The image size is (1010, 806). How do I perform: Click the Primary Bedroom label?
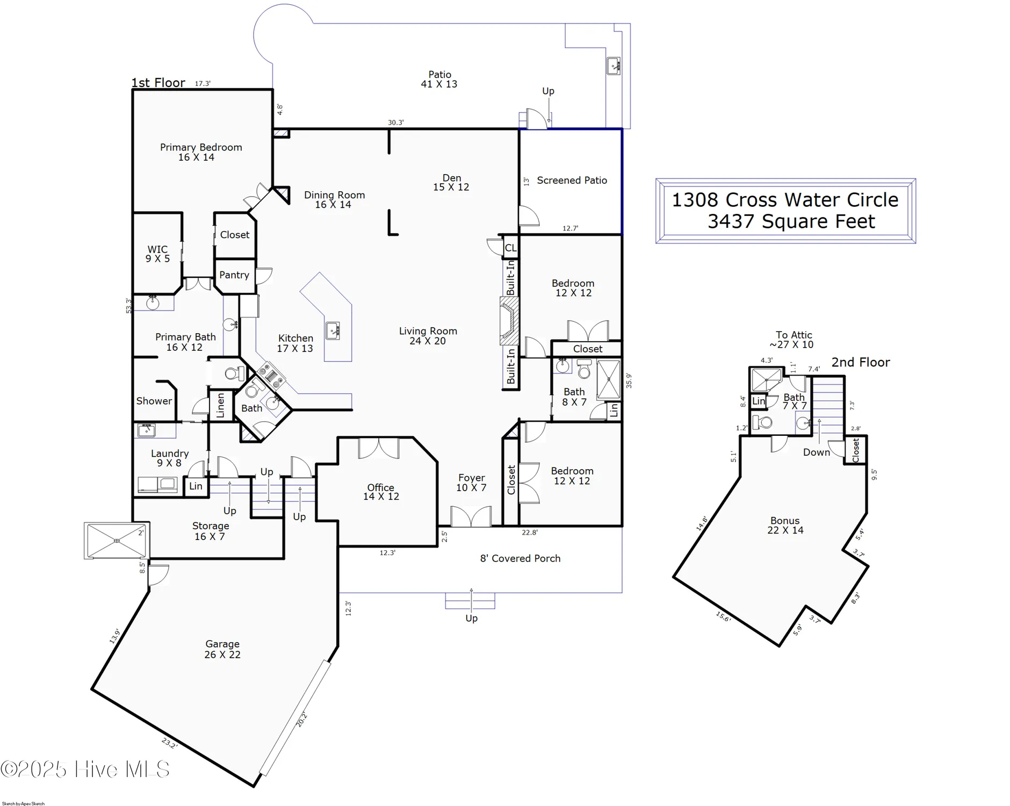(x=200, y=152)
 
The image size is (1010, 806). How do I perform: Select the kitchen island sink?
(x=333, y=330)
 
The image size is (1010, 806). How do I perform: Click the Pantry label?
(x=234, y=275)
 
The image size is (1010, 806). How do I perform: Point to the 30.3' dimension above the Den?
(x=395, y=123)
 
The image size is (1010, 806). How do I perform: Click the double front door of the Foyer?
(x=471, y=517)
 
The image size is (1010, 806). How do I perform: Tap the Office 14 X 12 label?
(x=381, y=492)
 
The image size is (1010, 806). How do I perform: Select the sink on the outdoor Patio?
(x=614, y=66)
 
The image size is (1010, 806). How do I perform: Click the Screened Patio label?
(x=572, y=181)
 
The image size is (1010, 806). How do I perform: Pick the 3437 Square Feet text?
(x=791, y=221)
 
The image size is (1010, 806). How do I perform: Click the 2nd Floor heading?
(x=860, y=363)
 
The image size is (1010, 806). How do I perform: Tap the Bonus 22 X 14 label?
(x=785, y=525)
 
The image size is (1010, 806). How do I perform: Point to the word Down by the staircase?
(x=816, y=452)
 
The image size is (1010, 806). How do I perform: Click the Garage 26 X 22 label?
(x=222, y=649)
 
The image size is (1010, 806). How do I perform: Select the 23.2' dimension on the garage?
(x=169, y=744)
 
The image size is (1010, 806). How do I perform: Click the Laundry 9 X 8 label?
(x=169, y=458)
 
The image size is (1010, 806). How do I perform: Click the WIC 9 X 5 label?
(x=157, y=254)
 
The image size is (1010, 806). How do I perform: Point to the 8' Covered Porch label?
(x=520, y=558)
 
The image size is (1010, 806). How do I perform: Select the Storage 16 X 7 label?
(x=211, y=531)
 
